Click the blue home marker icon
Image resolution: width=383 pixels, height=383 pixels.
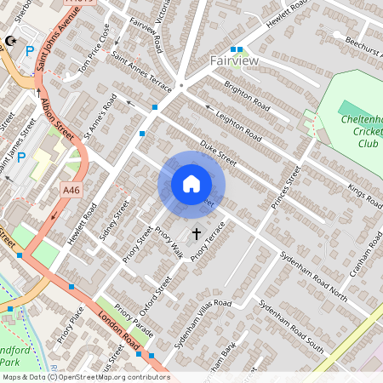[191, 184]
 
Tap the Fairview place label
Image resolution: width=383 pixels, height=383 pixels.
[234, 61]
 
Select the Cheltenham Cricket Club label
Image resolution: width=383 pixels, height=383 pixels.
[357, 132]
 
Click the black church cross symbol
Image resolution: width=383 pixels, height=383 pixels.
[196, 232]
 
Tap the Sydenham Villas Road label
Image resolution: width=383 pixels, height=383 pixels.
[203, 315]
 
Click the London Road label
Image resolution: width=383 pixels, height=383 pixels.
[119, 329]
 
